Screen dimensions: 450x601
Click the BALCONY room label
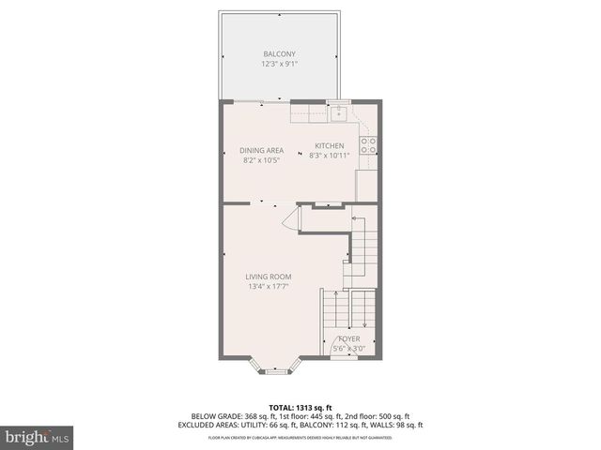point(281,54)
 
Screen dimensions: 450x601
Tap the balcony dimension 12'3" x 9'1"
point(281,65)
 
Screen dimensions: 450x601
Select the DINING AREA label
point(261,150)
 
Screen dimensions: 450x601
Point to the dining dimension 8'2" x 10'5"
point(261,160)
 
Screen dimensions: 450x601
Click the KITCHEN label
point(329,146)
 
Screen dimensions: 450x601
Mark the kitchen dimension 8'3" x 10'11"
point(329,157)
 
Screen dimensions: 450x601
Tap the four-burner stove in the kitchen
point(370,145)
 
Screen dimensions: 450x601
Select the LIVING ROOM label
point(269,277)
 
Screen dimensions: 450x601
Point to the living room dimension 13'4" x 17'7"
point(269,287)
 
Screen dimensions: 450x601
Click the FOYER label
point(349,338)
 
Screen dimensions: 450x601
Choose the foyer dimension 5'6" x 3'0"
point(349,349)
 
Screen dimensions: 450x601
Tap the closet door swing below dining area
point(291,221)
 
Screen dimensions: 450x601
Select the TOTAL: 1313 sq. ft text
point(300,405)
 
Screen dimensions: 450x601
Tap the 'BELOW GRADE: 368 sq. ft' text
point(232,415)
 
